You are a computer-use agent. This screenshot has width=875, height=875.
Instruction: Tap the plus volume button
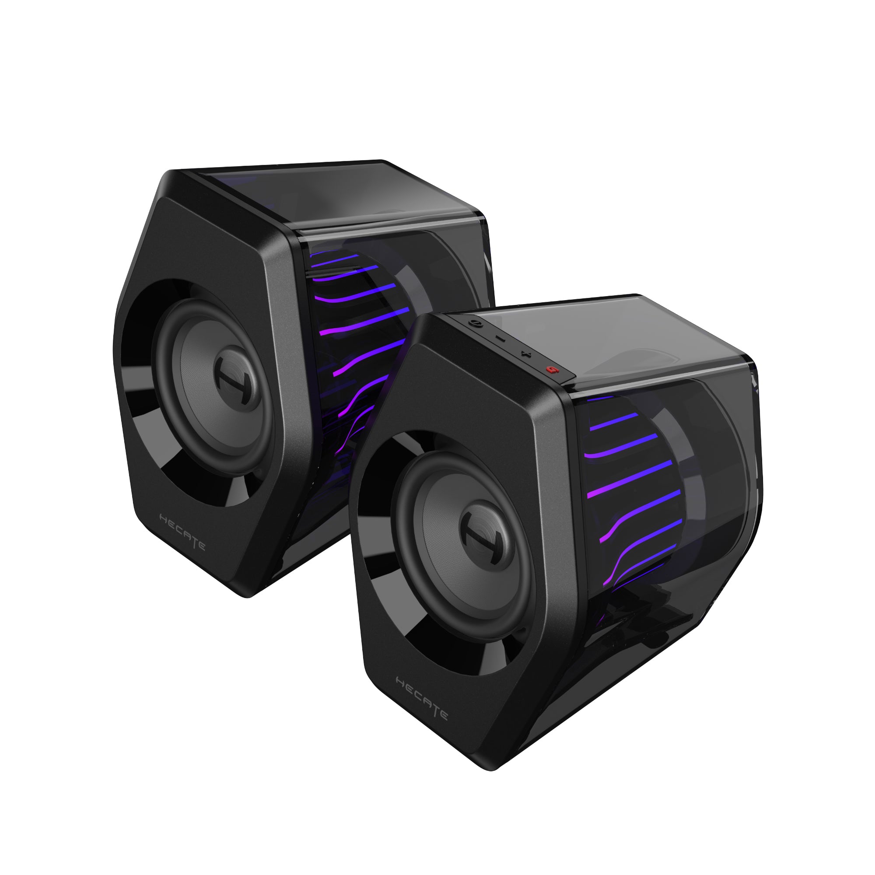click(x=525, y=353)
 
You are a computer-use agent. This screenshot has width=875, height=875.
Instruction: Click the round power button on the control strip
click(x=475, y=323)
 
